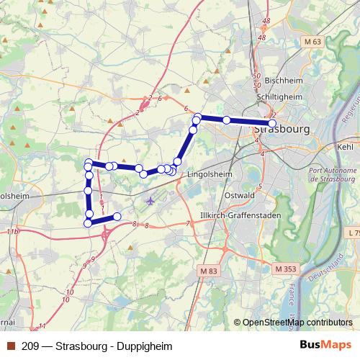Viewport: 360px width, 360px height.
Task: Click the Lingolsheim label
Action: point(209,174)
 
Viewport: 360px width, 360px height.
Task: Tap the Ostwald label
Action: point(241,195)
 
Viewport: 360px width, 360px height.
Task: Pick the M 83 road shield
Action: point(207,270)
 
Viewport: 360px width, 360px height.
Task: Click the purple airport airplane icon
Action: point(150,200)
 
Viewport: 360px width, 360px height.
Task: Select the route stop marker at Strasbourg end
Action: point(271,123)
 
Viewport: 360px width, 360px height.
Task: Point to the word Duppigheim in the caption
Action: point(148,346)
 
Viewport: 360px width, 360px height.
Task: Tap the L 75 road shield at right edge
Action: point(352,233)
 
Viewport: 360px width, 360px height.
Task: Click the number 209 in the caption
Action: point(31,346)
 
